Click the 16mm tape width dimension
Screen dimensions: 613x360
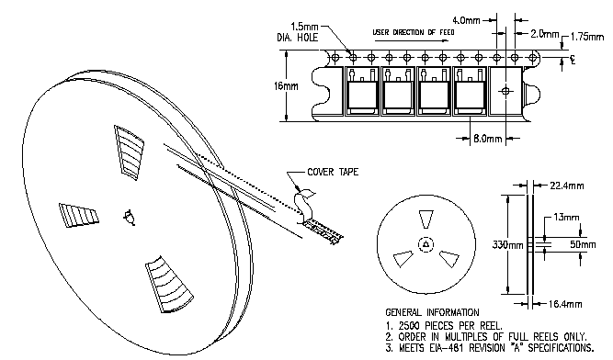click(x=286, y=86)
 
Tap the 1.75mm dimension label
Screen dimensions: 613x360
click(x=586, y=37)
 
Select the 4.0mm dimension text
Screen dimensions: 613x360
click(x=466, y=20)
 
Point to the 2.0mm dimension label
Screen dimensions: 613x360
click(x=545, y=34)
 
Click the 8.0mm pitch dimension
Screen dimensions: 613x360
click(x=487, y=139)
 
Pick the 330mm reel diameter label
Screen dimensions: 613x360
click(x=507, y=245)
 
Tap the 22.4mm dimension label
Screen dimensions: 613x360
click(x=566, y=186)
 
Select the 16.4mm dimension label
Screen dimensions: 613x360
click(x=565, y=304)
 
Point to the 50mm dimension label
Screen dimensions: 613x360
click(x=583, y=244)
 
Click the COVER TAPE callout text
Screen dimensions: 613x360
click(x=333, y=172)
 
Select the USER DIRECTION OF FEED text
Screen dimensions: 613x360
click(x=414, y=32)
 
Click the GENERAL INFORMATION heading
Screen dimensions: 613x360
click(x=432, y=312)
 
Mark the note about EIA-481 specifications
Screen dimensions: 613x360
click(x=490, y=347)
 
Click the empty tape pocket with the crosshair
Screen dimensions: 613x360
click(x=505, y=91)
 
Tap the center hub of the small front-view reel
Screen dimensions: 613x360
click(x=426, y=245)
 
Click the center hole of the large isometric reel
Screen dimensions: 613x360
click(x=130, y=218)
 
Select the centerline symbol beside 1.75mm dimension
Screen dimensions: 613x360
click(x=573, y=60)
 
